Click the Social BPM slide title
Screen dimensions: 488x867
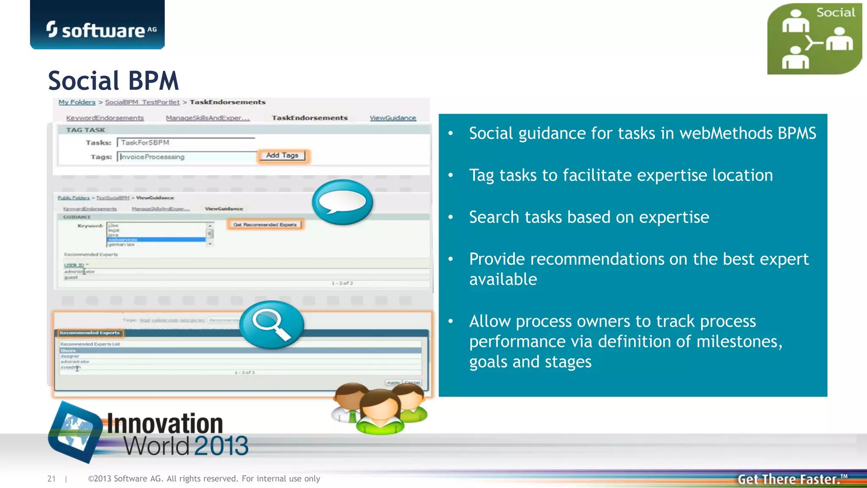tap(113, 80)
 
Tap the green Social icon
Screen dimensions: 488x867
tap(814, 39)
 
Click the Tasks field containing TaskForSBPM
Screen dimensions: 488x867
tap(185, 143)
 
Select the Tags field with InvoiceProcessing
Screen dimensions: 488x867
tap(186, 157)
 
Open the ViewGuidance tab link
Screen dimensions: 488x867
tap(392, 118)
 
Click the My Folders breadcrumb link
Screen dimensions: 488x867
tap(77, 102)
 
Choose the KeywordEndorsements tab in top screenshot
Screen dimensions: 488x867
tap(105, 118)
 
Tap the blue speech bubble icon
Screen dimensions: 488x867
tap(342, 202)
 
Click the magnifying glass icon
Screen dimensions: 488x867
tap(271, 324)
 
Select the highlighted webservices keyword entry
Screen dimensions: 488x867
tap(156, 240)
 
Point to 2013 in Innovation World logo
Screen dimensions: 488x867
tap(221, 446)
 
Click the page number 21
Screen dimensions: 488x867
tap(51, 479)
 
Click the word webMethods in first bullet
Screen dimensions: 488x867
tap(726, 133)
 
